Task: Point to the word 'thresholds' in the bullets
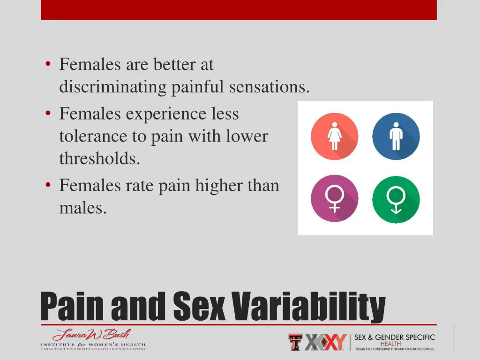[99, 159]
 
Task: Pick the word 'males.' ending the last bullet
[83, 208]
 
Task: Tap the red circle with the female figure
[334, 136]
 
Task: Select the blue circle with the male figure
[396, 136]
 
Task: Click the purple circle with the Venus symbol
[334, 198]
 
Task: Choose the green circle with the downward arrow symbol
[396, 198]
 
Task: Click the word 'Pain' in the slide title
[73, 307]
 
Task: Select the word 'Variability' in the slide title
[309, 307]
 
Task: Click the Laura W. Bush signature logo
[92, 335]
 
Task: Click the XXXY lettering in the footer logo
[325, 342]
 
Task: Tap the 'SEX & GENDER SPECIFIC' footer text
[394, 337]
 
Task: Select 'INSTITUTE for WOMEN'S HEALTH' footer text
[93, 345]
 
